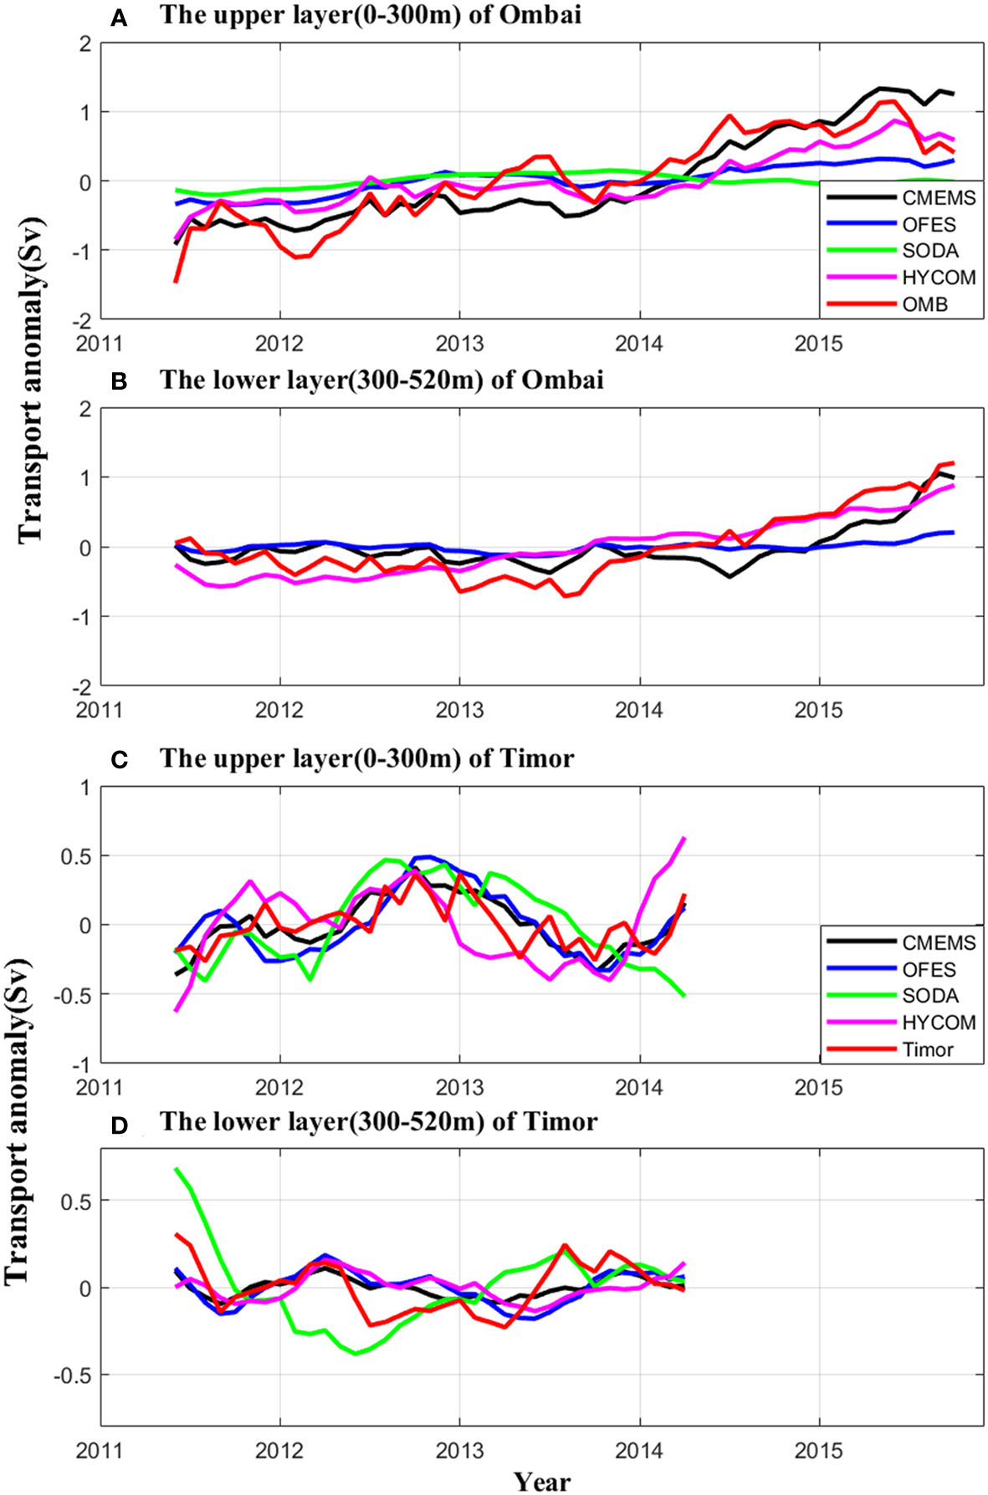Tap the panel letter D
click(x=119, y=1125)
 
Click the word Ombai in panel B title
click(x=562, y=380)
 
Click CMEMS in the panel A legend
click(x=939, y=198)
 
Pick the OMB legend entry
click(x=924, y=304)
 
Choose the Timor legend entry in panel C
click(x=927, y=1049)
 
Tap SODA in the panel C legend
click(x=929, y=996)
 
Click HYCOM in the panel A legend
click(x=939, y=278)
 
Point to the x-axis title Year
click(x=542, y=1482)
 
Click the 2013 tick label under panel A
click(x=459, y=343)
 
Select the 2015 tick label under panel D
click(x=818, y=1450)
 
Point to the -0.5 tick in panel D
click(x=73, y=1375)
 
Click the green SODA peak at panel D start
click(x=177, y=1168)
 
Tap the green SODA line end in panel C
click(x=684, y=996)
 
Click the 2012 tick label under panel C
click(x=279, y=1087)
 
